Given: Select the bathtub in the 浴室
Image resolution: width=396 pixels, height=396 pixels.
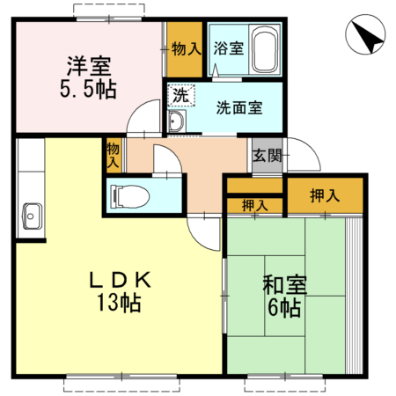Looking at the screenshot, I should [x=265, y=50].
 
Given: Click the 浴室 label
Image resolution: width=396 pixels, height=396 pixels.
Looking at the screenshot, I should [x=230, y=48].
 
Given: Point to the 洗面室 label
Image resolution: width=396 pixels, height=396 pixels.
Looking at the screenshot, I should [x=240, y=108].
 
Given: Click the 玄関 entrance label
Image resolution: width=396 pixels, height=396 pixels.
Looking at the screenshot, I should [x=267, y=157].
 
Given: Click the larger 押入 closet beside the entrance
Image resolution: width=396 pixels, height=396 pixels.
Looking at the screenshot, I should [x=325, y=195].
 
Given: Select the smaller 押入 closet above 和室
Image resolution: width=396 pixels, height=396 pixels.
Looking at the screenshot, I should [x=254, y=206].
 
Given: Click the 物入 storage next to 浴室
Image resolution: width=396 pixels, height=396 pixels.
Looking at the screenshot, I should [x=186, y=48].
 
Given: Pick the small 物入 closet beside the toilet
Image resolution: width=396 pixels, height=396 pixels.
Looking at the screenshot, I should [x=113, y=156].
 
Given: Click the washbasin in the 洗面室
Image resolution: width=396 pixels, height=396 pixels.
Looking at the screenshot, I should [x=177, y=122].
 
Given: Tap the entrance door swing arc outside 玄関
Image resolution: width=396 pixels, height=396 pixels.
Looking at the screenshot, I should [x=304, y=153].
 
